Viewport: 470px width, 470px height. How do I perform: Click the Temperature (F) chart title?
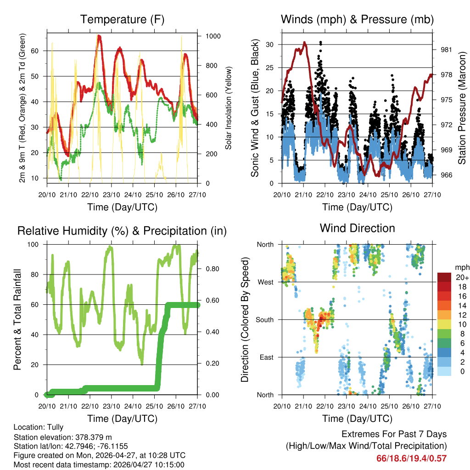tap(122, 19)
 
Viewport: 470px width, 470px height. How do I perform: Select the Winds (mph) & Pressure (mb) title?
tap(357, 19)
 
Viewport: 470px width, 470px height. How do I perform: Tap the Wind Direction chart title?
tap(357, 228)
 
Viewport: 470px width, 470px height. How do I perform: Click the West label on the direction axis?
tap(265, 282)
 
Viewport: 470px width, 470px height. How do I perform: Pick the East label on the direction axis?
tap(266, 357)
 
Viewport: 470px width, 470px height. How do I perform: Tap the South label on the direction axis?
tap(264, 319)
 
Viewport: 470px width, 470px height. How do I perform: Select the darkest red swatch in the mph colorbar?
tap(444, 277)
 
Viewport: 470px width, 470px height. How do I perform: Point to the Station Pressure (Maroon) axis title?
tap(462, 108)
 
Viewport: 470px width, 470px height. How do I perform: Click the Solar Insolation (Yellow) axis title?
tap(228, 108)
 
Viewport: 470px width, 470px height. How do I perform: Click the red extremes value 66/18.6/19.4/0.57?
tap(411, 458)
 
